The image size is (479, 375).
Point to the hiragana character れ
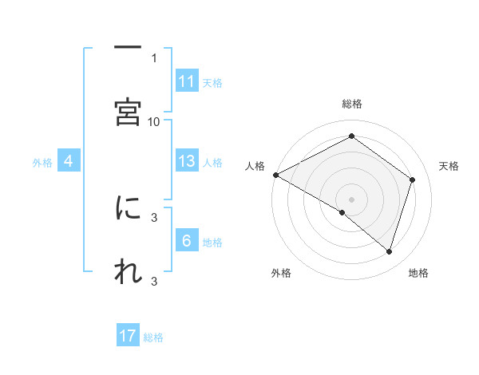pos(128,271)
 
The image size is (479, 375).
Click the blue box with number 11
pos(187,81)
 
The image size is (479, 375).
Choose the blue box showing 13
pos(187,161)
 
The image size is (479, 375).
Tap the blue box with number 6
pos(187,241)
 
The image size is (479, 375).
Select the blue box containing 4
pos(69,162)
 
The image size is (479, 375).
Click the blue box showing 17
pos(128,337)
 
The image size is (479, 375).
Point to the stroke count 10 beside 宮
pos(154,121)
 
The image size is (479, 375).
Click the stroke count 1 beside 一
pos(154,57)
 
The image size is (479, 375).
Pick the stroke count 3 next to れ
pos(154,281)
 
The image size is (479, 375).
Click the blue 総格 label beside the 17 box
pos(153,337)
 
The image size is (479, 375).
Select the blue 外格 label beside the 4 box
pos(42,163)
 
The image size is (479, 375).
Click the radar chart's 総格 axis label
pos(351,104)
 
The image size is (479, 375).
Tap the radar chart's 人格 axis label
pos(255,166)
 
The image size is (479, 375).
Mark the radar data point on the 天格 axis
pos(413,180)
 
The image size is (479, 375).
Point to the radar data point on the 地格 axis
pos(390,252)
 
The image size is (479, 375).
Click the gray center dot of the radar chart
pos(351,199)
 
